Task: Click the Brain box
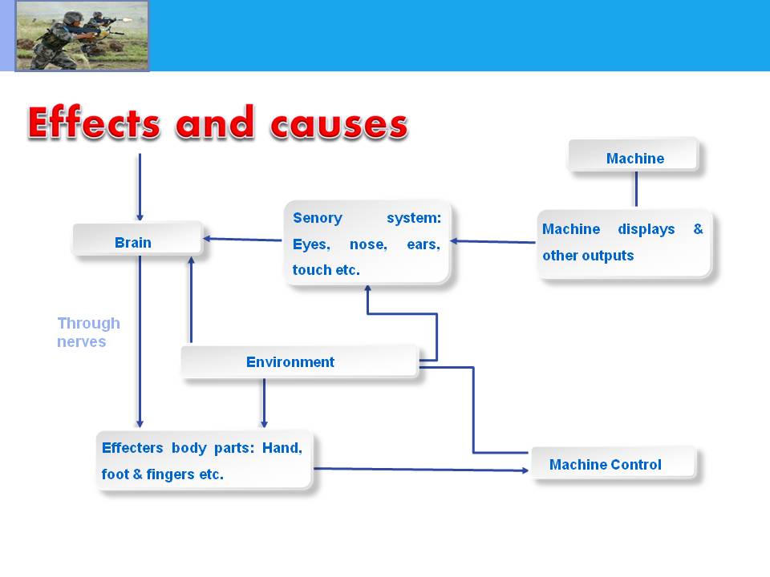coord(137,240)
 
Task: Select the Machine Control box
coord(614,462)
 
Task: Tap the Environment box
coord(300,361)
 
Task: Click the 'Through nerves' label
coord(88,332)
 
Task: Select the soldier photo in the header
coord(82,36)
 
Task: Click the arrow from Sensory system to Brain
coord(242,240)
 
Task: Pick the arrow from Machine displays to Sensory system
coord(493,241)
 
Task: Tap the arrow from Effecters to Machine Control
coord(421,470)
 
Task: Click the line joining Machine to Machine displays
coord(636,189)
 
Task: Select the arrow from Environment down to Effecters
coord(264,403)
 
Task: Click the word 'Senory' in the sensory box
coord(318,218)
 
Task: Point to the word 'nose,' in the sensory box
coord(368,244)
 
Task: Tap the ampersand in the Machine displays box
coord(698,228)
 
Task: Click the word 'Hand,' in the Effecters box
coord(282,448)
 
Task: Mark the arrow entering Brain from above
coord(140,188)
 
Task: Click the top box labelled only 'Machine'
coord(634,155)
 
